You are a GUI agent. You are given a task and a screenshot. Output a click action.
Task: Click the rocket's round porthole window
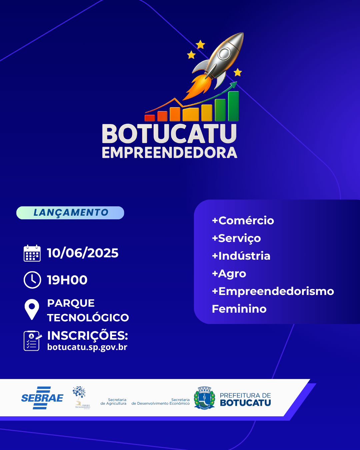point(224,53)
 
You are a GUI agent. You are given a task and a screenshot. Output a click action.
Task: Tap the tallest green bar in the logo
point(233,106)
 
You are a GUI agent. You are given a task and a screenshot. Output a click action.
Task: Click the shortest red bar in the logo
point(150,118)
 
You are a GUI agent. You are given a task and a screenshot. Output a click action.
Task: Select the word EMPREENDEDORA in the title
point(169,153)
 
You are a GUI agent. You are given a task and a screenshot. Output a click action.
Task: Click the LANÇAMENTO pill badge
point(70,213)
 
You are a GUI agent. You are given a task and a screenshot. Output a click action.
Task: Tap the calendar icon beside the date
point(32,253)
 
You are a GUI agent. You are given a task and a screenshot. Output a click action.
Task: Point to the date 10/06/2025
point(83,253)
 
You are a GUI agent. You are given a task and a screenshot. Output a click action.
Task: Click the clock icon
point(32,280)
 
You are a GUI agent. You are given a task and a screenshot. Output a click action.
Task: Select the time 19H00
point(67,280)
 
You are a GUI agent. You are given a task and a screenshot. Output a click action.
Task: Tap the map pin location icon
point(32,309)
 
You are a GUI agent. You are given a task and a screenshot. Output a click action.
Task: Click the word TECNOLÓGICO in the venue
point(88,318)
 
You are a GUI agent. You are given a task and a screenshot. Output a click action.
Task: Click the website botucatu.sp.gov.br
point(87,347)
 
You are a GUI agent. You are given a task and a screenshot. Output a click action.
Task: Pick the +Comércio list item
point(243,220)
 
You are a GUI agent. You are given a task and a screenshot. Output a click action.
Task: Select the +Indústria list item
point(241,256)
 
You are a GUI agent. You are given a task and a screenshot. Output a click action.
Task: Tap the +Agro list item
point(229,273)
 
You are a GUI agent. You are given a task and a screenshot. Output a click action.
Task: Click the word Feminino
point(239,309)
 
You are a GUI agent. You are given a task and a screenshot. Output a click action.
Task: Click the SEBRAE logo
point(42,398)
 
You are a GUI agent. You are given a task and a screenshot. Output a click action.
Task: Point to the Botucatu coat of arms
point(204,398)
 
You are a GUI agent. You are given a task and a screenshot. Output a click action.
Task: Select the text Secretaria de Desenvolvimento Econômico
point(161,402)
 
